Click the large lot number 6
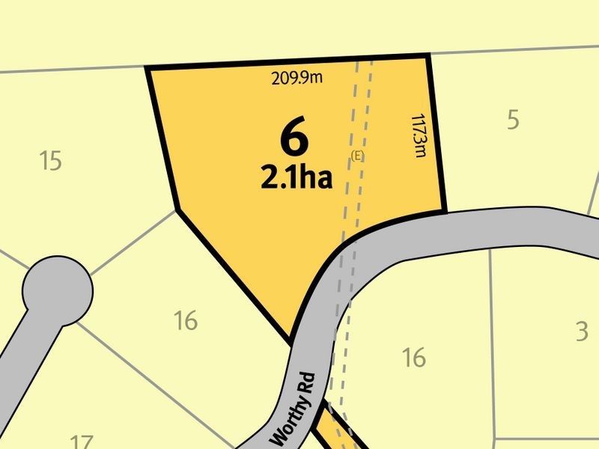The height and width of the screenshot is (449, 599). pyautogui.click(x=295, y=138)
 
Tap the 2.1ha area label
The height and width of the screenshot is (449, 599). pyautogui.click(x=297, y=178)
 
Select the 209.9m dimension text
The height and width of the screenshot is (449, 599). pyautogui.click(x=297, y=76)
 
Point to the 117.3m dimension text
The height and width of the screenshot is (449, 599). pyautogui.click(x=419, y=135)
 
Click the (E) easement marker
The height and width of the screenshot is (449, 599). pyautogui.click(x=357, y=155)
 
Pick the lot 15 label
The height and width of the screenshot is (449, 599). pyautogui.click(x=50, y=161)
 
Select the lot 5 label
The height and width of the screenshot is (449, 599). pyautogui.click(x=513, y=120)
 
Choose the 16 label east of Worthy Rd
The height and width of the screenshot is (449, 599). pyautogui.click(x=413, y=358)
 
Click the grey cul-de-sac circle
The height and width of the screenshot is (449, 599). pyautogui.click(x=58, y=290)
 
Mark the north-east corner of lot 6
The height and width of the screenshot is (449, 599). pyautogui.click(x=428, y=55)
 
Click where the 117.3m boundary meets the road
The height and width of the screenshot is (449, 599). pyautogui.click(x=445, y=211)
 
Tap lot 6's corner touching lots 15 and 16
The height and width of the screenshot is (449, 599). pyautogui.click(x=175, y=210)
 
